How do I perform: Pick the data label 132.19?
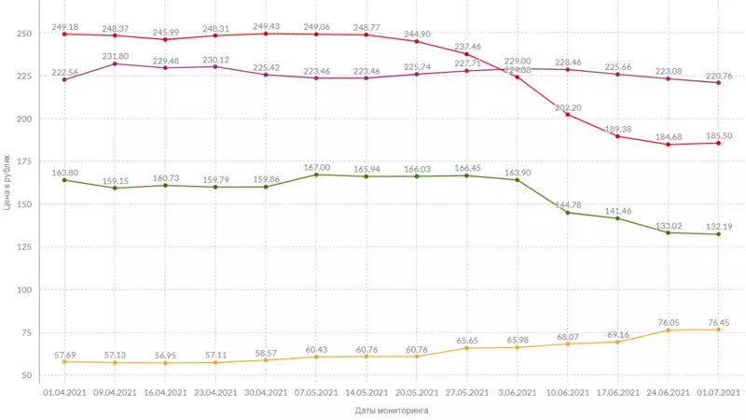(717, 226)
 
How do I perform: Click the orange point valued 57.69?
(64, 361)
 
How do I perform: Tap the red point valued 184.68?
(669, 144)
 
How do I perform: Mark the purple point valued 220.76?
(719, 83)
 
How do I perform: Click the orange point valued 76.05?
(669, 330)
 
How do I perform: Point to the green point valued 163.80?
(64, 179)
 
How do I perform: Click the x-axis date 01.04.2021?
(64, 393)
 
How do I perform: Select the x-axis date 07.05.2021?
(316, 393)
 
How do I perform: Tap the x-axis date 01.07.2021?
(719, 393)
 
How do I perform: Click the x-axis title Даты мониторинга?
(393, 410)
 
